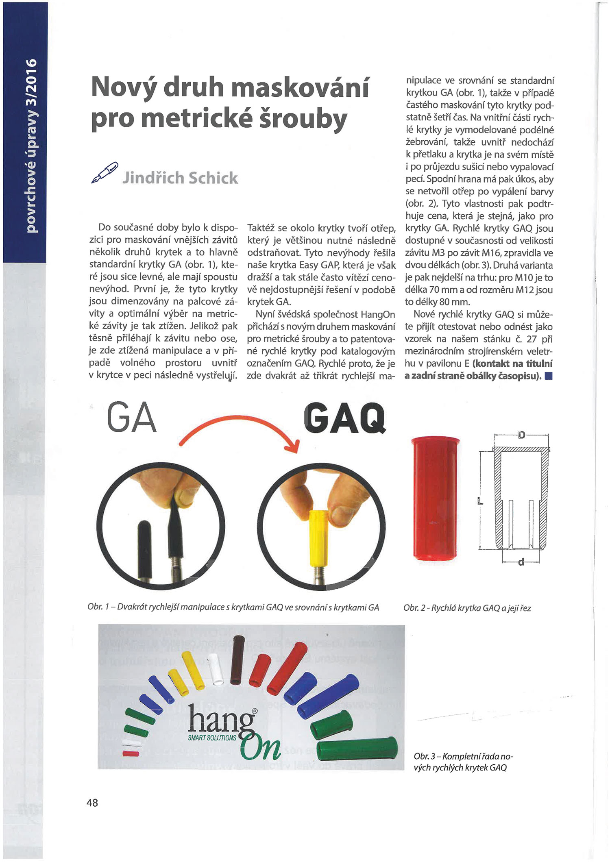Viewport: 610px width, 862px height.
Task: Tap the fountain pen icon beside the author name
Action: (x=105, y=172)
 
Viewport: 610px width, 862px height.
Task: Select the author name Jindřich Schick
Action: (x=180, y=178)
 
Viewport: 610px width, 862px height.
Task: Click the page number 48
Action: (x=92, y=802)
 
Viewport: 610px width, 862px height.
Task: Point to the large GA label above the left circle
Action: (x=132, y=418)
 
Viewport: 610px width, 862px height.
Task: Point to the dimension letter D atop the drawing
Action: (x=521, y=435)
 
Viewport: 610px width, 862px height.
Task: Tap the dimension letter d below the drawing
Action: (x=521, y=562)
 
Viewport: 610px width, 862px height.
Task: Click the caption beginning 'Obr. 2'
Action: (x=467, y=608)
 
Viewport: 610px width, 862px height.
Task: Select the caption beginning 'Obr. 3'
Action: (x=463, y=762)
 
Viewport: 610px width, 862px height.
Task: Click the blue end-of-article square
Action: (x=548, y=376)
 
